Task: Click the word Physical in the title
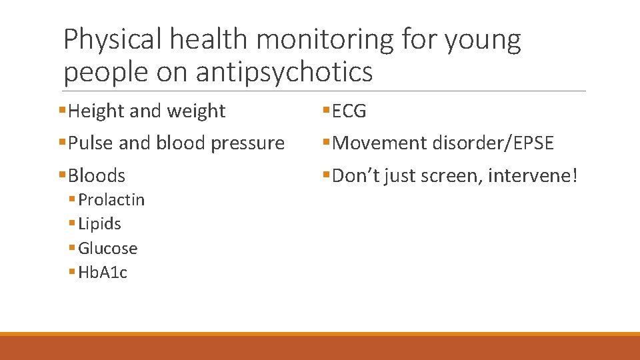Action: [x=113, y=40]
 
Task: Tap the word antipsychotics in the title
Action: [x=284, y=72]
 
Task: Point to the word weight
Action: [x=198, y=111]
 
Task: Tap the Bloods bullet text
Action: [x=97, y=175]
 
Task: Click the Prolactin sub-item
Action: [x=111, y=200]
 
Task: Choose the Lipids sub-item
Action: [x=99, y=224]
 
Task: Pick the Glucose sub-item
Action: [x=108, y=249]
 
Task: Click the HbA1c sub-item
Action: [x=103, y=272]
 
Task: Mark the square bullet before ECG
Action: [x=326, y=111]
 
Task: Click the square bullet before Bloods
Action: [x=62, y=175]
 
